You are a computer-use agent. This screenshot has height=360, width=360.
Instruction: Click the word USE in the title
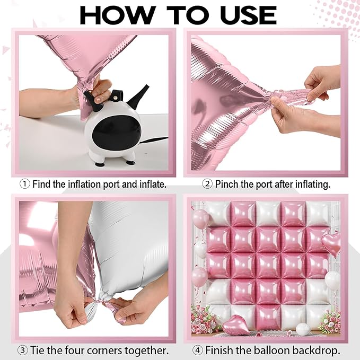tap(250, 15)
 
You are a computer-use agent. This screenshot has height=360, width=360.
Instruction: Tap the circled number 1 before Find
tap(25, 184)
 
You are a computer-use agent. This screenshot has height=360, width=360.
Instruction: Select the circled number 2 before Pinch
tap(207, 184)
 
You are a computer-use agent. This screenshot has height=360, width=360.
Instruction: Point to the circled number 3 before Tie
tap(23, 350)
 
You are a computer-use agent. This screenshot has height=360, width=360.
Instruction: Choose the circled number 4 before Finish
tap(197, 350)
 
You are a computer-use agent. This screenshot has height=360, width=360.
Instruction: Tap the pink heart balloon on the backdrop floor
tap(235, 324)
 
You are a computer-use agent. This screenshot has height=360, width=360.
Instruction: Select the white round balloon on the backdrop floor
tap(303, 329)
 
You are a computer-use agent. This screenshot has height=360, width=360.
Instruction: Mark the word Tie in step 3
tap(39, 350)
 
